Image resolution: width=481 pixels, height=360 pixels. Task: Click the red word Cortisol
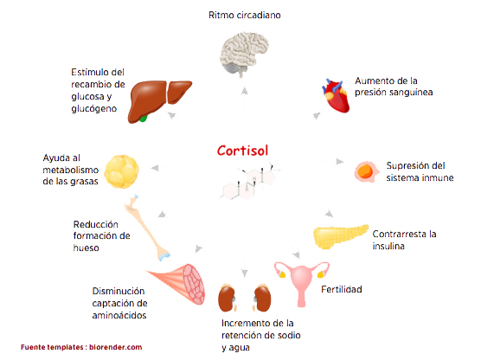coord(242,151)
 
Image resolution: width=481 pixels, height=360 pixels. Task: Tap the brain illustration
coord(244,54)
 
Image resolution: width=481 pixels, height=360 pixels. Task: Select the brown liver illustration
coord(159,101)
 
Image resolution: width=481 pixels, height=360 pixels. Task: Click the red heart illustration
coord(336,96)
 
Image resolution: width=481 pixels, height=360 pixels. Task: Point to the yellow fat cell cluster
coord(121,171)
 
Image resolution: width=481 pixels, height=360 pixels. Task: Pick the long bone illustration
coord(147,228)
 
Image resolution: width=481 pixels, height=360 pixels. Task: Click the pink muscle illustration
coord(176,283)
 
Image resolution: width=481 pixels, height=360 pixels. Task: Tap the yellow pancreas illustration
coord(340,236)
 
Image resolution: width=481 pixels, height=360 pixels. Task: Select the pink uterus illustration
coord(302,283)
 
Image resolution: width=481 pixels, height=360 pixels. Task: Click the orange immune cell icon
coord(366,172)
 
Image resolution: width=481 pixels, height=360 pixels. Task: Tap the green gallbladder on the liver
coord(143,119)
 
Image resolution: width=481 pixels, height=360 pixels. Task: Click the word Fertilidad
coord(342,289)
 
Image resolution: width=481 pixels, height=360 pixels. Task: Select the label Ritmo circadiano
coord(245,15)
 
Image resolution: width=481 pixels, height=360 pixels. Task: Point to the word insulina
coord(388,246)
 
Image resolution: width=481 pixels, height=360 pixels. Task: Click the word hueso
coord(86,247)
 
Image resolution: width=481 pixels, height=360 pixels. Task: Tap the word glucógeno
coord(94,109)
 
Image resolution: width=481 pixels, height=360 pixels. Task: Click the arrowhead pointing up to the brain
coord(245,90)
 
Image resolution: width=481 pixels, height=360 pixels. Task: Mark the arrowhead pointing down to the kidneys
coord(245,273)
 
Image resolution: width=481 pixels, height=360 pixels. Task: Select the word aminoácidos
coord(119,315)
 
